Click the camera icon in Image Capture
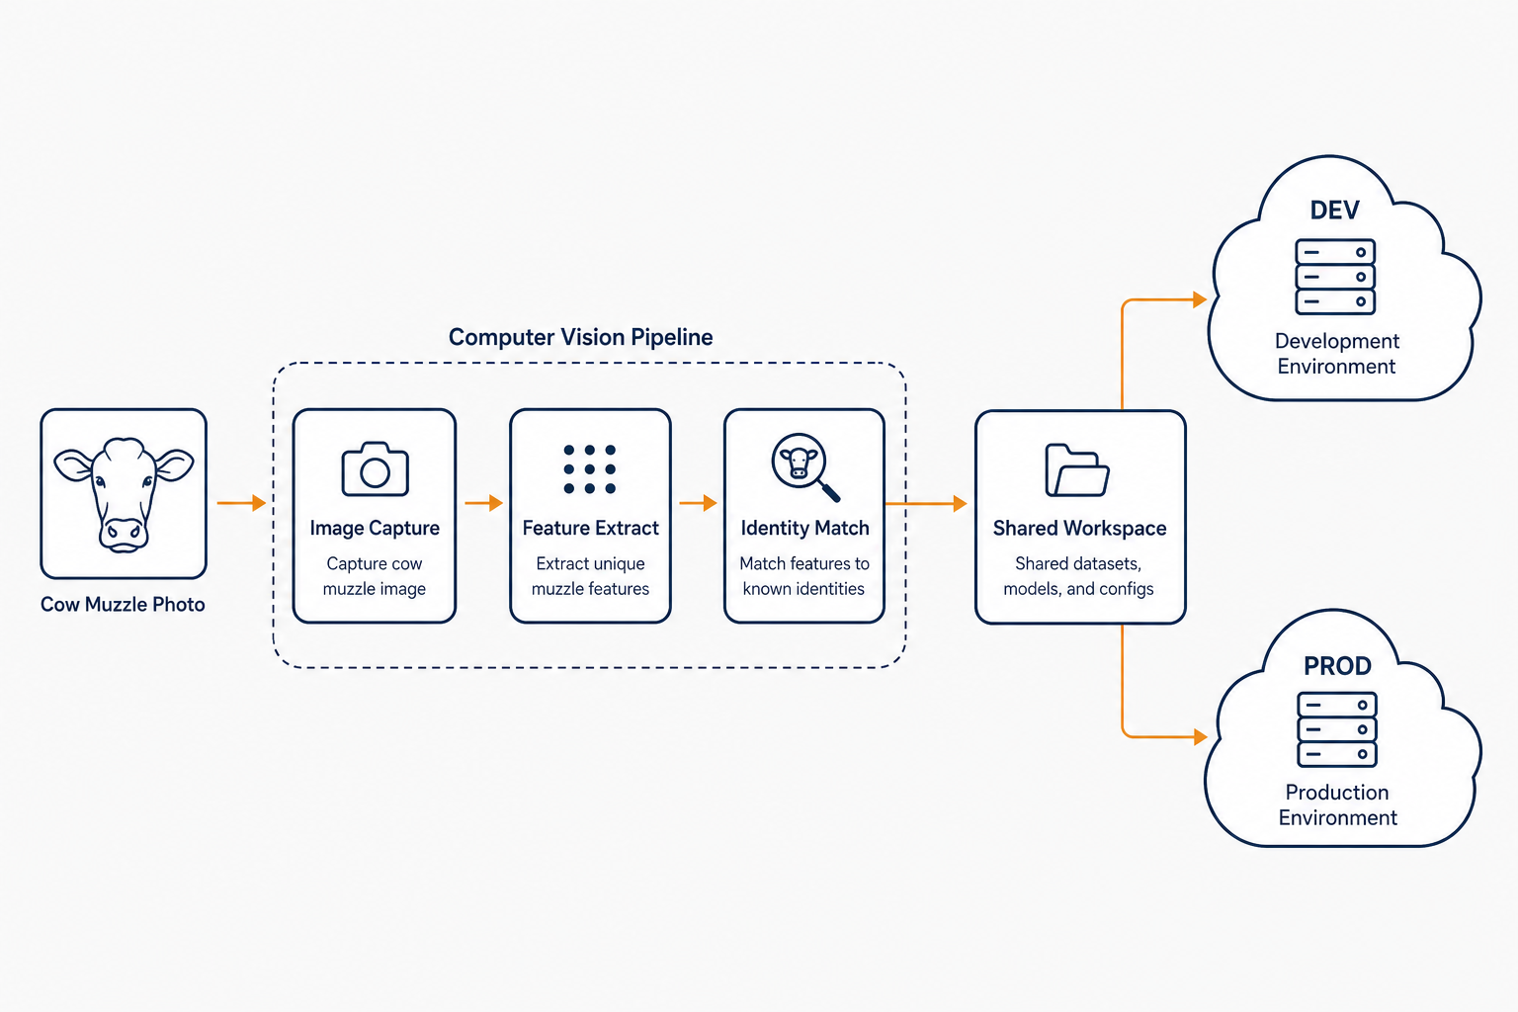pos(375,469)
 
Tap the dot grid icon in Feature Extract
pos(590,469)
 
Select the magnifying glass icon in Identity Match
pos(805,467)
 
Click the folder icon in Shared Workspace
pos(1077,470)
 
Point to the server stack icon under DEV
pos(1335,277)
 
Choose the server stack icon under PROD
pos(1337,729)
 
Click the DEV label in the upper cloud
pos(1334,211)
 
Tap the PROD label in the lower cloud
pos(1337,666)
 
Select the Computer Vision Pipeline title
pos(580,337)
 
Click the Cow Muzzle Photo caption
pos(123,604)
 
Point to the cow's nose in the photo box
pos(123,532)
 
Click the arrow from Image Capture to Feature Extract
pos(484,503)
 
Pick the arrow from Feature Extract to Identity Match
pos(698,503)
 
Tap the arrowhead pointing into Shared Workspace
pos(961,503)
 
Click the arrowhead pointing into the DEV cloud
pos(1200,298)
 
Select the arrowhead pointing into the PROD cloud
pos(1200,736)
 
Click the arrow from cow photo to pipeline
pos(241,503)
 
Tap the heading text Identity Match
pos(804,528)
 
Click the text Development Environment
pos(1336,353)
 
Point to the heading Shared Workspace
pos(1079,528)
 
